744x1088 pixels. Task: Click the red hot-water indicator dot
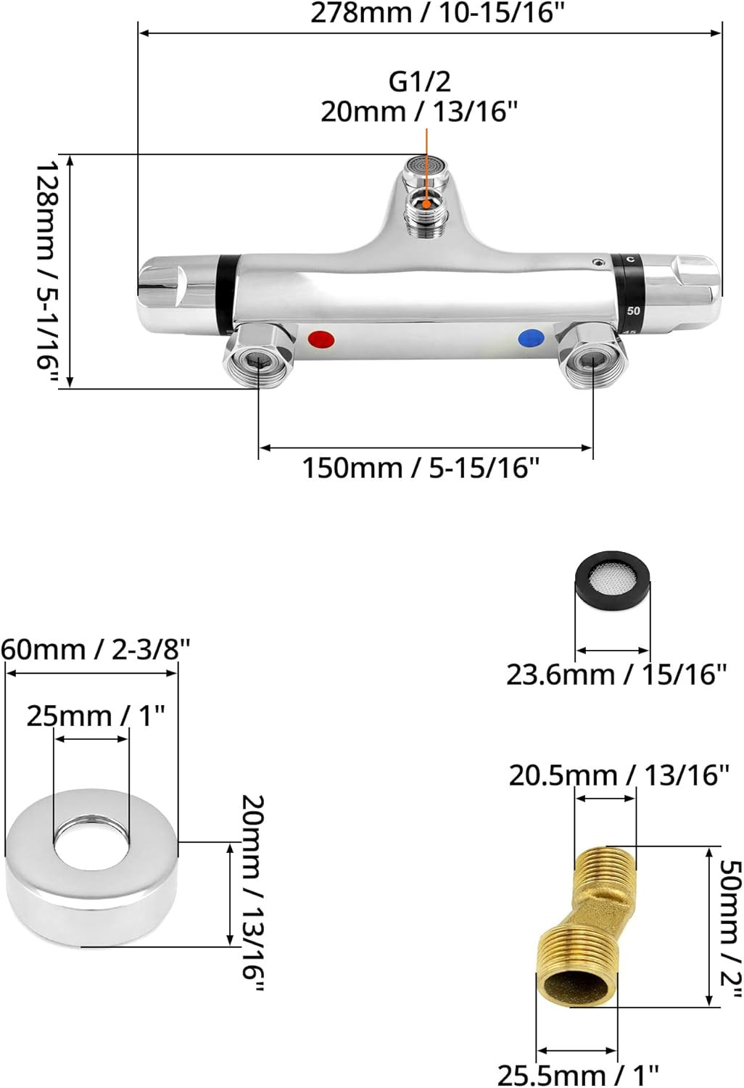click(321, 339)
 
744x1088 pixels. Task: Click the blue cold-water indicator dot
click(532, 338)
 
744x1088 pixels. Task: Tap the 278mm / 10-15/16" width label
click(438, 13)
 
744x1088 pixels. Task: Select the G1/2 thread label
click(420, 81)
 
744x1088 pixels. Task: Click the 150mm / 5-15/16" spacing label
click(421, 469)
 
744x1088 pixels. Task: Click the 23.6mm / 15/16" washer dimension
click(616, 675)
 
